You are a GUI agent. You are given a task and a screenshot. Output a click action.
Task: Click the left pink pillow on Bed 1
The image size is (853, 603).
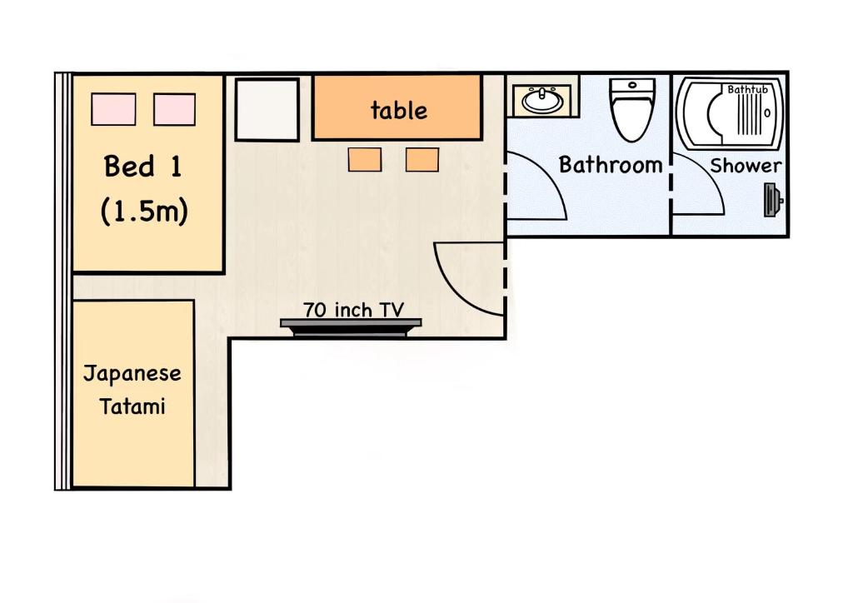(113, 109)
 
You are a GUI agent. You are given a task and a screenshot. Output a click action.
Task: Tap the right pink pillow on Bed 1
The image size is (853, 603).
(174, 109)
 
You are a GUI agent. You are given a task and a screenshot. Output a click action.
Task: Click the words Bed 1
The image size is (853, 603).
(142, 166)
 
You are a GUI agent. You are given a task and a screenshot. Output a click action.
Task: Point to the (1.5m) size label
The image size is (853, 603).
(144, 211)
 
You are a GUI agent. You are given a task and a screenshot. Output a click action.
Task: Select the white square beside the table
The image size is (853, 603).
(267, 110)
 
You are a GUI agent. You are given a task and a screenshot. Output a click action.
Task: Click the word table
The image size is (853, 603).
(399, 111)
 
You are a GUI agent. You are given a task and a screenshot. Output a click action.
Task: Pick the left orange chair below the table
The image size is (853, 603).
(365, 159)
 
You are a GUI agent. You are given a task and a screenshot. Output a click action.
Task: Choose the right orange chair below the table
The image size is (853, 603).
(422, 159)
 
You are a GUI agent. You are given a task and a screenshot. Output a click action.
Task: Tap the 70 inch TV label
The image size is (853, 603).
(353, 310)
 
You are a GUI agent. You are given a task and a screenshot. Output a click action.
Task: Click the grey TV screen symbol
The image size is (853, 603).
(351, 328)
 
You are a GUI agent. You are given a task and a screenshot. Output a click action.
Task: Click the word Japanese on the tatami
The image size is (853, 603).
(132, 374)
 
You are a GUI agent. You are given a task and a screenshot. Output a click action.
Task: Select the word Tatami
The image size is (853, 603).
(132, 406)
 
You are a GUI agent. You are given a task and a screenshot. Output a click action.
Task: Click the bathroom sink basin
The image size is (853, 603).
(542, 101)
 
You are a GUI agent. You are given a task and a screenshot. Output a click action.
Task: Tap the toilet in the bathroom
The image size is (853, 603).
(632, 109)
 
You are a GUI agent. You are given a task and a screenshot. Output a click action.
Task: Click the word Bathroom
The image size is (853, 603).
(611, 165)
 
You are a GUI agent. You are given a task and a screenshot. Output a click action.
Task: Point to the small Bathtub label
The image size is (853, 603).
(747, 89)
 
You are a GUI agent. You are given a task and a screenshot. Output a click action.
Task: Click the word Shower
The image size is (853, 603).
(746, 165)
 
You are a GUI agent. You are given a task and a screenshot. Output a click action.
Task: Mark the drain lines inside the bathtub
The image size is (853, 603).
(749, 115)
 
